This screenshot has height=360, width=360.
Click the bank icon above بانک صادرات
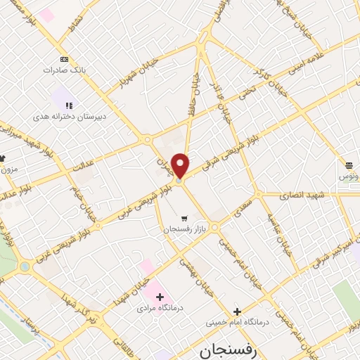point(65,59)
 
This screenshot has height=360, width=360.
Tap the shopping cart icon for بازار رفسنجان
point(184,218)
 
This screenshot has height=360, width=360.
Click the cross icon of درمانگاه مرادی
point(160,297)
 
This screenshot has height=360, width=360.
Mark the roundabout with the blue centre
point(26,266)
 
